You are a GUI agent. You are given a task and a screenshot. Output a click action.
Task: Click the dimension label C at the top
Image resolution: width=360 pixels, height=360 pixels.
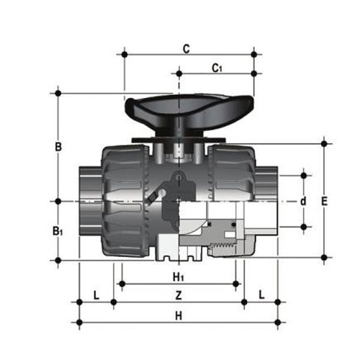pos(186,49)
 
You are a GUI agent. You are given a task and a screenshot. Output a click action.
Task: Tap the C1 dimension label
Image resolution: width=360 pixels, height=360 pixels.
pos(217,68)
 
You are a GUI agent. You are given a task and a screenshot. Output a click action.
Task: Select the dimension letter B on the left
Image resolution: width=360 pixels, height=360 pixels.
pos(58,147)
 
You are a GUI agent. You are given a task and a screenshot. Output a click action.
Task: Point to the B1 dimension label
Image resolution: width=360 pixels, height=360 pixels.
pos(58,231)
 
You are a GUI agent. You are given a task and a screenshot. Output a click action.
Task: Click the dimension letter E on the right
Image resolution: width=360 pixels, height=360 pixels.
pos(324,201)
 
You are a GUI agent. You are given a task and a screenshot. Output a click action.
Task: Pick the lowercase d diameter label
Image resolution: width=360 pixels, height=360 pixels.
pos(304,201)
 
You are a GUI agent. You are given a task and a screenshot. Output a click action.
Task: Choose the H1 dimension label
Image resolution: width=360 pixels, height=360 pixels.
pos(179,277)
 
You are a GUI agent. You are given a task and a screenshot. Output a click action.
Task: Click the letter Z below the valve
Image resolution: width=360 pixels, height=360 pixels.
pos(179,295)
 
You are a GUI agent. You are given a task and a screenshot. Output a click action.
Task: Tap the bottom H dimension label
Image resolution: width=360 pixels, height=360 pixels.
pos(179,316)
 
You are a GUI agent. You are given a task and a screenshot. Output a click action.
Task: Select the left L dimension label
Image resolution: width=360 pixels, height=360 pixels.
pos(96,295)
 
